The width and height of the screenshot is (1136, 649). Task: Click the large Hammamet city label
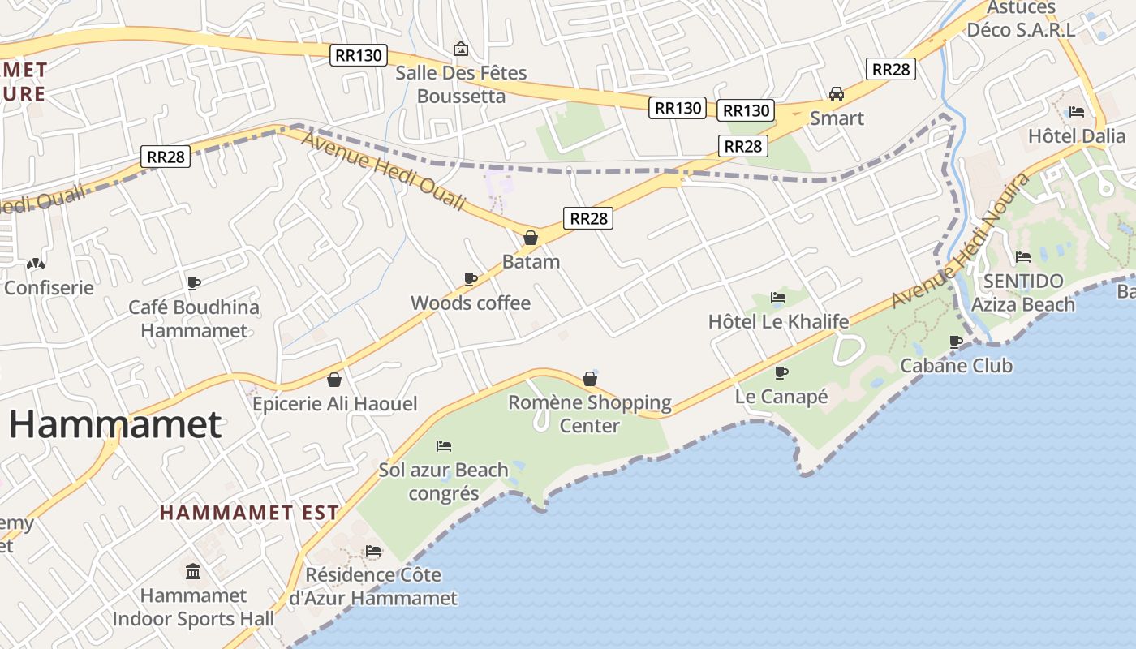[x=114, y=424]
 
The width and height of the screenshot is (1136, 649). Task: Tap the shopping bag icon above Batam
[x=531, y=238]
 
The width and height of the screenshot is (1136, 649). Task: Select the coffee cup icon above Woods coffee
[x=470, y=279]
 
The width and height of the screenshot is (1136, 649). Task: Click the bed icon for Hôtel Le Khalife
[x=778, y=298]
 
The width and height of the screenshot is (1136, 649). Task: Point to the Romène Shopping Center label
[x=590, y=414]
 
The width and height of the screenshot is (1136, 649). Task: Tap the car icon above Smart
[x=837, y=94]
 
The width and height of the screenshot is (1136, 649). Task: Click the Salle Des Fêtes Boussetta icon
[x=461, y=49]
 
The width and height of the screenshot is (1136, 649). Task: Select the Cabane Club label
[x=956, y=366]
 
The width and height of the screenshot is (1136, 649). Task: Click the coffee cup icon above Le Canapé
[x=781, y=372]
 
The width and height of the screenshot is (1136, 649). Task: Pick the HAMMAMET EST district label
[x=249, y=513]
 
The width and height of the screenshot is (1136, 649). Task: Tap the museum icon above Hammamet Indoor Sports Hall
[x=193, y=572]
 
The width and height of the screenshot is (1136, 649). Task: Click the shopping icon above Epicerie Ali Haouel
[x=334, y=380]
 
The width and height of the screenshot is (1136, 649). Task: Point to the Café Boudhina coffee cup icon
[x=194, y=283]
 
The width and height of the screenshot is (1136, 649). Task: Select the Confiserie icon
[x=36, y=264]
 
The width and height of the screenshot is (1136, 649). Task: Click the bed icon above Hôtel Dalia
[x=1077, y=112]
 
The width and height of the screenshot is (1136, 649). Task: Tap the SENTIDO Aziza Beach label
[x=1022, y=293]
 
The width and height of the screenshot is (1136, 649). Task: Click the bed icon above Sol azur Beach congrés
[x=443, y=446]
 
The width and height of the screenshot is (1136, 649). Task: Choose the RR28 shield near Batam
[x=587, y=217]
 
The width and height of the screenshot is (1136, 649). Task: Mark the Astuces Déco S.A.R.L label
[x=1021, y=19]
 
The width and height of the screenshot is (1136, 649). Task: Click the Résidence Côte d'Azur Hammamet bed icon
[x=373, y=551]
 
